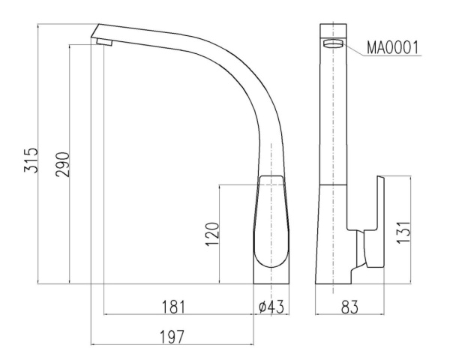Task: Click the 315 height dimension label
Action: [31, 160]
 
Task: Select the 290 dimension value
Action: [62, 164]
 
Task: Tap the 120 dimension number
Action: [212, 234]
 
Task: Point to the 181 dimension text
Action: [174, 307]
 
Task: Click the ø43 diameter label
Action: [271, 307]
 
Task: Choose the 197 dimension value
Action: [171, 337]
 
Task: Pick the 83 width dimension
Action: [349, 307]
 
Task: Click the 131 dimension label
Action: [403, 232]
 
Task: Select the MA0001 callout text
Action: [392, 47]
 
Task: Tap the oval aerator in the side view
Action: [333, 43]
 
